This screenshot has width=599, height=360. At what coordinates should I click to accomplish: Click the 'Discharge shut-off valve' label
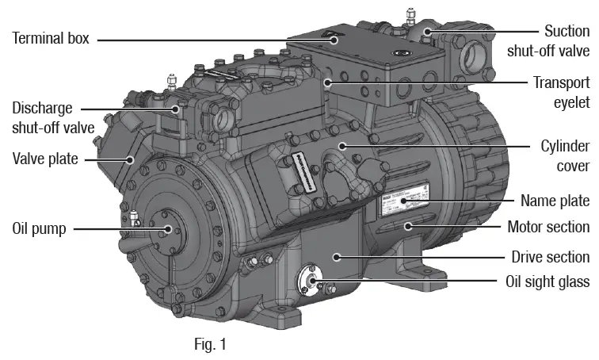coord(52,117)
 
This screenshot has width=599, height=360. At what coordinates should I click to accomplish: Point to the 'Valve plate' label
coord(44,159)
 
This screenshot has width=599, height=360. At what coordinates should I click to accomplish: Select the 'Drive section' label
coord(551,256)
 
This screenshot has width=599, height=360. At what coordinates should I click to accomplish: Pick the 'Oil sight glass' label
coord(547,281)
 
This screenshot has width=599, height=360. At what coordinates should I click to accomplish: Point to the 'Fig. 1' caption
coord(211,344)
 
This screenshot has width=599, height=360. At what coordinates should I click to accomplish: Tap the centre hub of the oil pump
coord(168,230)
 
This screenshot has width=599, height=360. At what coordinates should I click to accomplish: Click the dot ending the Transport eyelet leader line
coord(328,82)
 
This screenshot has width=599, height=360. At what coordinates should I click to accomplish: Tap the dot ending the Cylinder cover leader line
coord(342,146)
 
